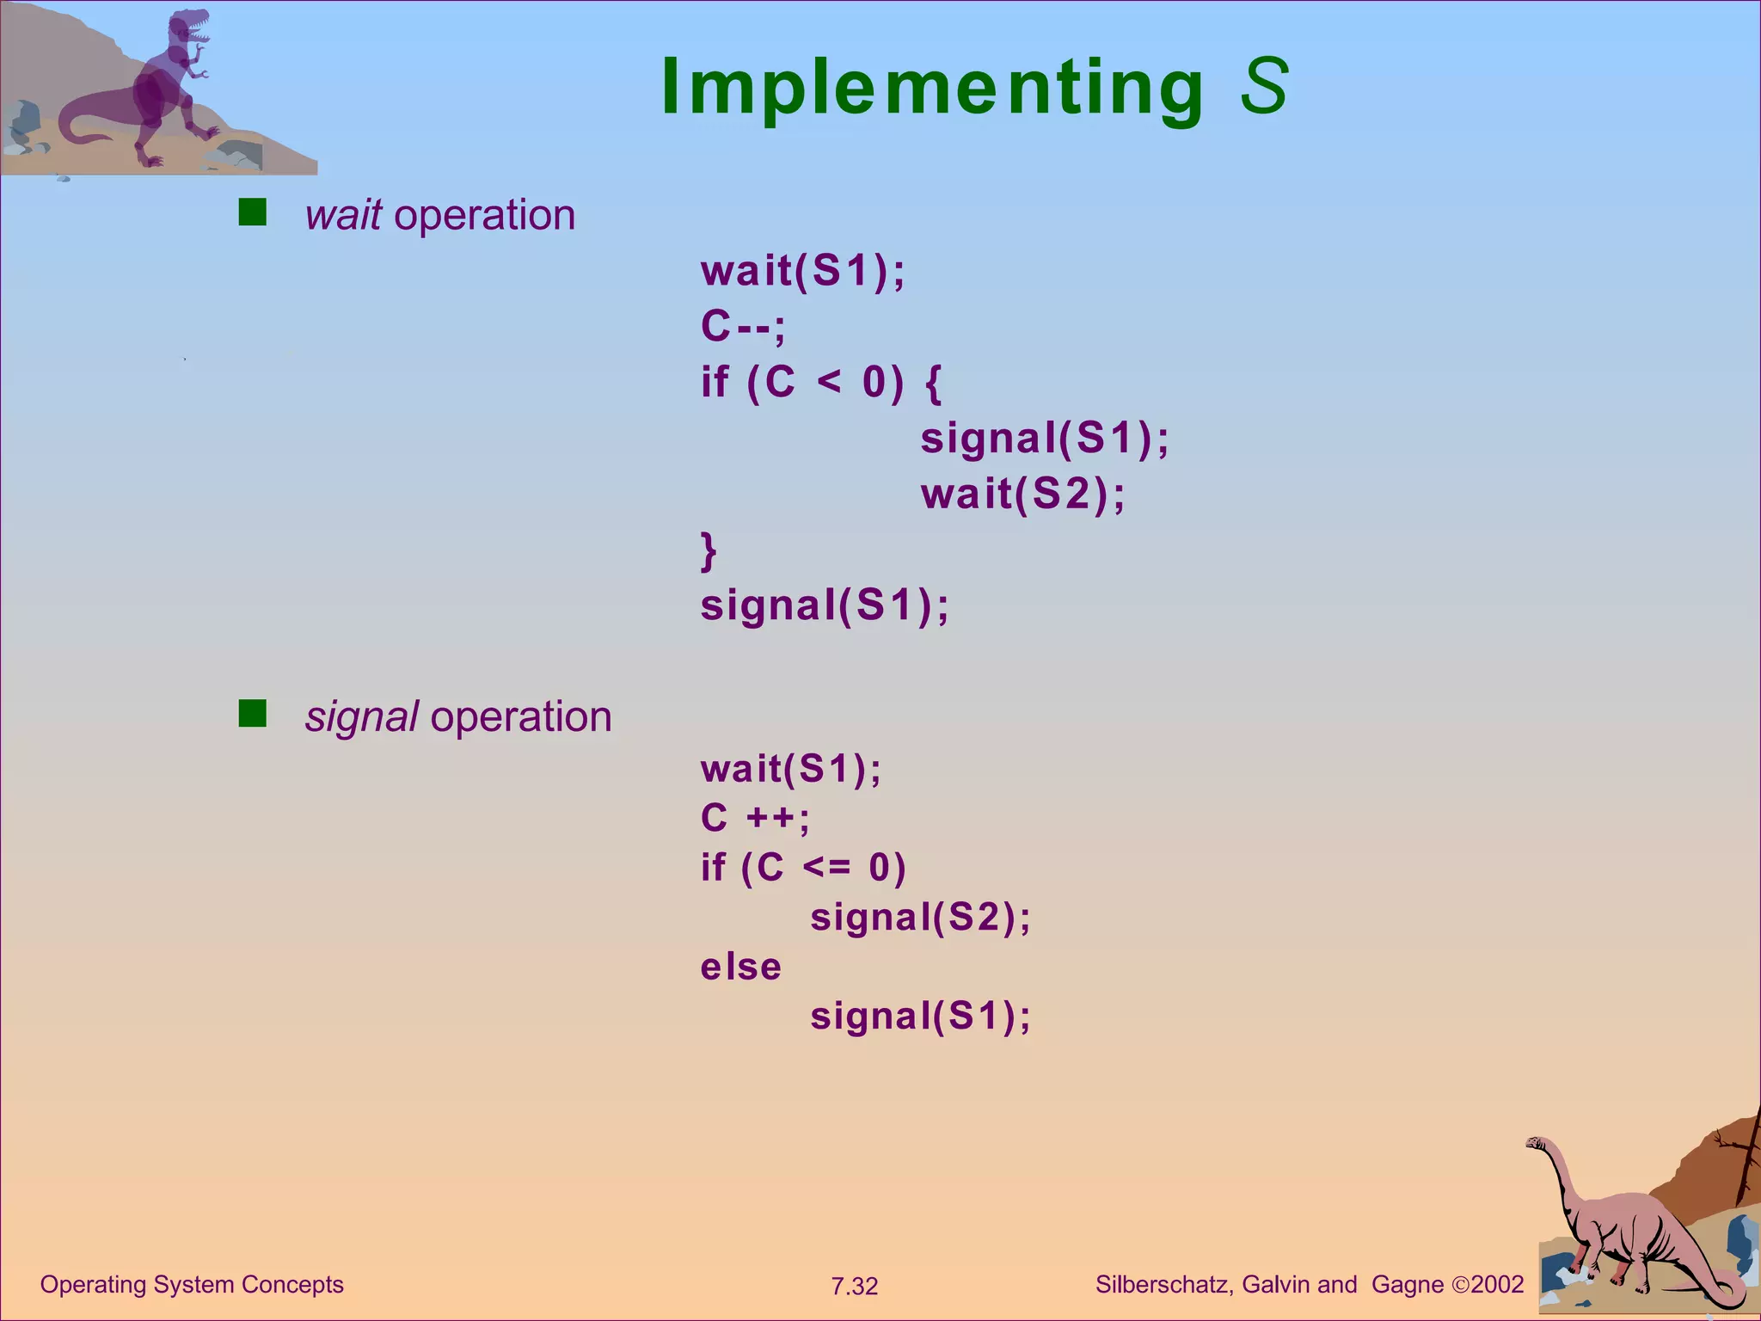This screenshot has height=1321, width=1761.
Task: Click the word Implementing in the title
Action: [x=933, y=88]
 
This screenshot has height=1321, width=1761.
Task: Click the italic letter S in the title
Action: [x=1264, y=86]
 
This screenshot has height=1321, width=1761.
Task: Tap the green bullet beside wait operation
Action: [x=252, y=212]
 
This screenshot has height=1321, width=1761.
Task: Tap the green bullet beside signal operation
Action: [x=252, y=713]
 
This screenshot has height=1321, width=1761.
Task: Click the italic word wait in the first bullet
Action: [x=343, y=215]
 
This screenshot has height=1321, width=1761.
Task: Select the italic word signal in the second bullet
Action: [x=361, y=717]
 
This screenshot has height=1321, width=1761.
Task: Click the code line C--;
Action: [x=743, y=327]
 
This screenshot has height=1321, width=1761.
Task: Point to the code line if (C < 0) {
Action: [x=821, y=382]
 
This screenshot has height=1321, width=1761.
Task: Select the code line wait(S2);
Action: [x=1022, y=495]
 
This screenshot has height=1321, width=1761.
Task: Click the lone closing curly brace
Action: [x=709, y=550]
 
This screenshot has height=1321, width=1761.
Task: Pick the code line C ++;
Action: [x=755, y=818]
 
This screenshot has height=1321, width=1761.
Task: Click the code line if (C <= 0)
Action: [x=803, y=868]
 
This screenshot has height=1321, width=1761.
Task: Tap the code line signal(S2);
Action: [x=920, y=918]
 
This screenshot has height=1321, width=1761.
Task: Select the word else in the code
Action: [x=740, y=968]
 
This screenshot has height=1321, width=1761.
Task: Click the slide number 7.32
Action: [x=854, y=1287]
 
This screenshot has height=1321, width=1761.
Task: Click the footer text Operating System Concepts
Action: [x=192, y=1285]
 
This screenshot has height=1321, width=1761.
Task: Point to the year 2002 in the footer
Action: [x=1497, y=1285]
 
